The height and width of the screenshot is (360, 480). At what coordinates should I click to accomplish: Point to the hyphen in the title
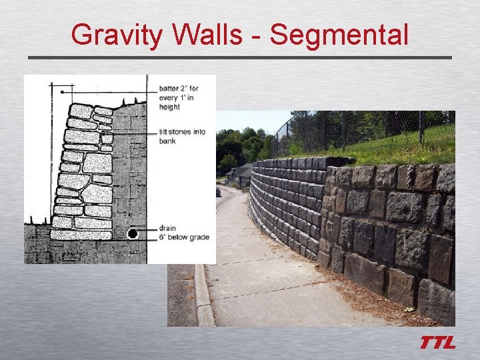[x=257, y=37]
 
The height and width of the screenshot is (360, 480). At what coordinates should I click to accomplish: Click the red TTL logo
[x=437, y=343]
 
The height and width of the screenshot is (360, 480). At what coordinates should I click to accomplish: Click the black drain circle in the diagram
[x=133, y=234]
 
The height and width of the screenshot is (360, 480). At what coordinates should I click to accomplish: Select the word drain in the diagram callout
[x=167, y=228]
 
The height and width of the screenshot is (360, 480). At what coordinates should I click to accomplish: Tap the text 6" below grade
[x=184, y=237]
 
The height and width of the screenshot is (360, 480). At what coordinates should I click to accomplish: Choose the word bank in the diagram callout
[x=168, y=141]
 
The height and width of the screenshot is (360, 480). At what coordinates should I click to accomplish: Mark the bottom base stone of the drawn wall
[x=81, y=235]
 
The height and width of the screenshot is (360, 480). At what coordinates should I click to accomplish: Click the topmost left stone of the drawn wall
[x=81, y=110]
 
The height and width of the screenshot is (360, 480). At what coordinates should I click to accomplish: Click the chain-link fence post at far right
[x=421, y=127]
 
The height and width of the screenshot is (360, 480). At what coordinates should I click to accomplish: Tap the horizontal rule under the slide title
[x=239, y=58]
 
